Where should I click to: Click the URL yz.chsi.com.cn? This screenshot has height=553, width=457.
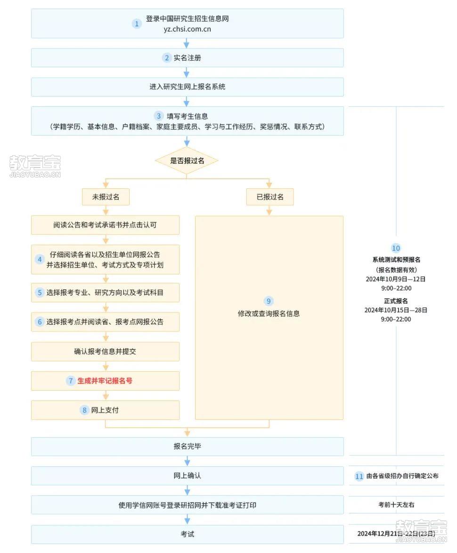187,29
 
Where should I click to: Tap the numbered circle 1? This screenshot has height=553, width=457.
137,24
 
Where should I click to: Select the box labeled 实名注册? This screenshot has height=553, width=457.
187,58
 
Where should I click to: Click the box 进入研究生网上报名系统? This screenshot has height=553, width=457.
187,87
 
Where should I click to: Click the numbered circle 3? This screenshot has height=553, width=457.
159,116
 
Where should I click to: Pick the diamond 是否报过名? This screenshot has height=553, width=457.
187,161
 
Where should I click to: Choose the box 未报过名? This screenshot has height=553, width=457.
106,197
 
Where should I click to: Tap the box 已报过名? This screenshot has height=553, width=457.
270,197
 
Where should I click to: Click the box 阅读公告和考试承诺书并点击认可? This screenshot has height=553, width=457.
105,225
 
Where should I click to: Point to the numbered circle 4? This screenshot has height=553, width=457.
40,259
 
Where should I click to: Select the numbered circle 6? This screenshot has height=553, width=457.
40,321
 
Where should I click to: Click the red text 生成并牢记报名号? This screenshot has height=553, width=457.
105,381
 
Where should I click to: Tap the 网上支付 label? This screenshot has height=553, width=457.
105,410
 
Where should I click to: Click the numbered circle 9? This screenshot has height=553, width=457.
269,301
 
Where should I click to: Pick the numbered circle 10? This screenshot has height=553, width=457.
396,248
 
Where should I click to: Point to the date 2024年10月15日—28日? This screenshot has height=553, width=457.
396,310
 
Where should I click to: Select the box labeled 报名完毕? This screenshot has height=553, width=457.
187,447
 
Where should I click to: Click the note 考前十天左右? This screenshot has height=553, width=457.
396,505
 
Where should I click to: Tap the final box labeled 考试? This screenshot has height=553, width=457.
187,534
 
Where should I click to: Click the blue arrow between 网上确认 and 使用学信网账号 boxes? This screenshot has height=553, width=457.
187,490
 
